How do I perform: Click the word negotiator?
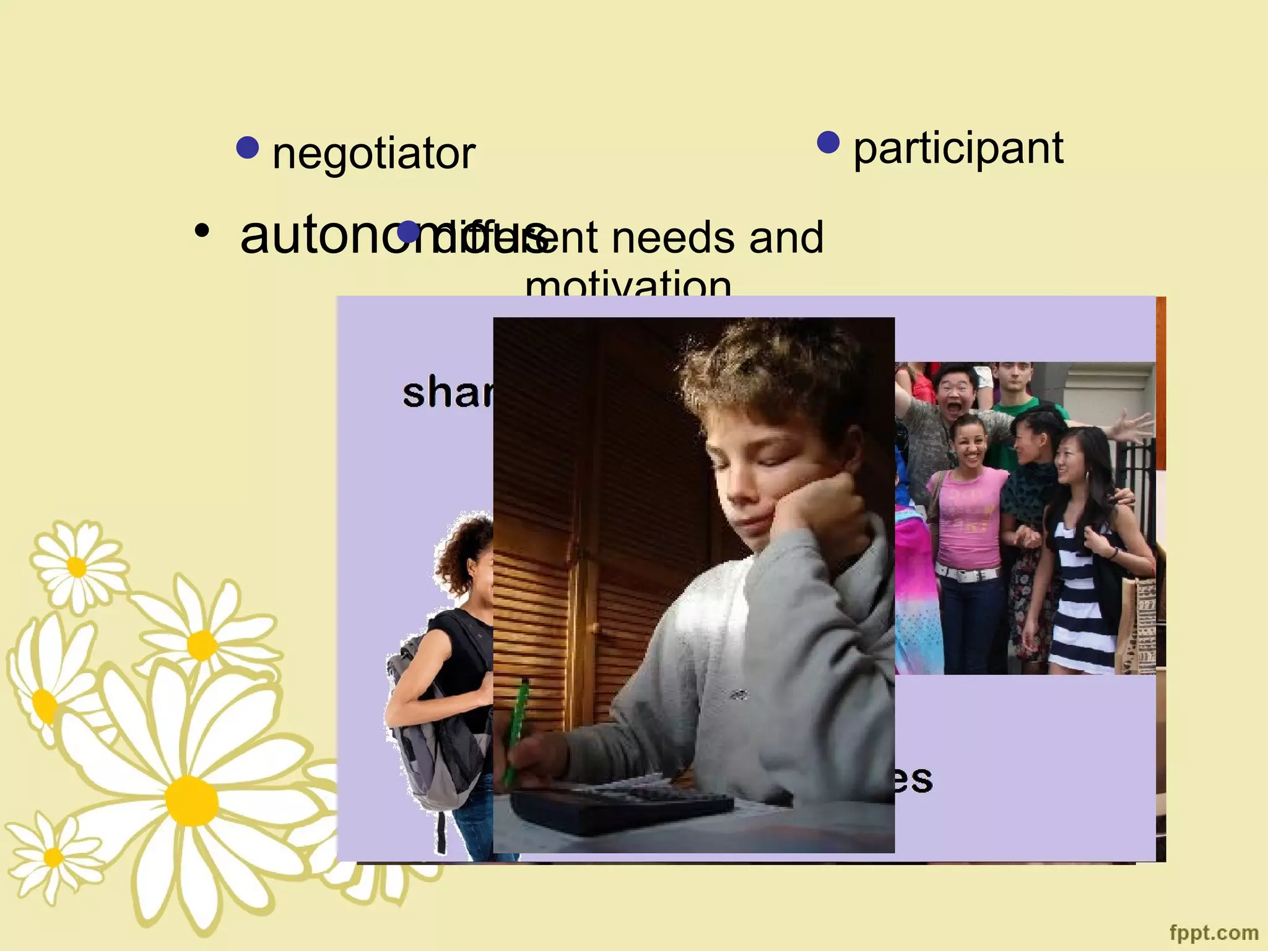(x=373, y=153)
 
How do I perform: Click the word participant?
(x=958, y=149)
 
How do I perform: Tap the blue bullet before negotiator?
(x=248, y=147)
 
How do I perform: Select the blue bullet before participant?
(x=828, y=142)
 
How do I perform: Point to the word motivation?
(x=628, y=284)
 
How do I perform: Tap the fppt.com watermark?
(x=1214, y=932)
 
